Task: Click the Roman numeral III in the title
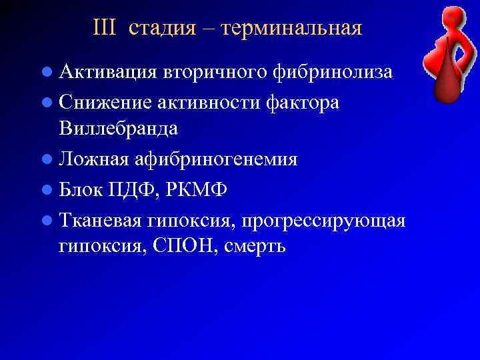[x=104, y=28]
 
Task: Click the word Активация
[x=107, y=72]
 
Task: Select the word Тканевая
[x=101, y=221]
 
